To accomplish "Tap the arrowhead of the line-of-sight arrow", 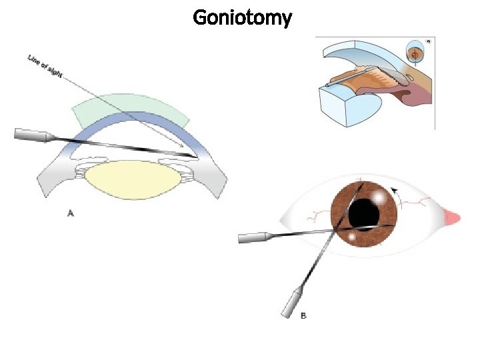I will [x=181, y=145].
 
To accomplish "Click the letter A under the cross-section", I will [x=71, y=213].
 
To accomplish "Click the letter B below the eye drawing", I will [x=303, y=315].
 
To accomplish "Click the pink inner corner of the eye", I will [x=453, y=217].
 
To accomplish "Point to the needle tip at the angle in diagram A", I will [x=196, y=157].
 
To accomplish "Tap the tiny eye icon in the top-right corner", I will [x=429, y=41].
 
